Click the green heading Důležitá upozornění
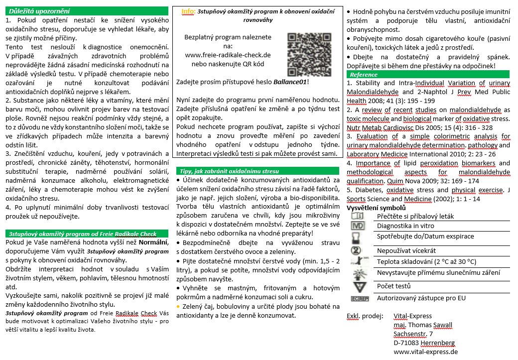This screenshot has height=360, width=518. [38, 11]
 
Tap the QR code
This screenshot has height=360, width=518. [302, 52]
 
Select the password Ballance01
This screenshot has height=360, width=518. [290, 82]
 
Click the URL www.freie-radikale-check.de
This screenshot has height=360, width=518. [228, 55]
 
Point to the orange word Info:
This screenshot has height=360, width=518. [188, 11]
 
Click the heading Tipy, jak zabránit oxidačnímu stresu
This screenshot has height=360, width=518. [229, 171]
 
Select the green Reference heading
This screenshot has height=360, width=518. [364, 74]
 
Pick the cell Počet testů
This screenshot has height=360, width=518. [393, 286]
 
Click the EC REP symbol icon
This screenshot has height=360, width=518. [360, 298]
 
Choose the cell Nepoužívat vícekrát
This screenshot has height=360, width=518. [406, 250]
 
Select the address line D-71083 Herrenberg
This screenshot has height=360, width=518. [425, 343]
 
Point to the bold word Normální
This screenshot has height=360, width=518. [154, 242]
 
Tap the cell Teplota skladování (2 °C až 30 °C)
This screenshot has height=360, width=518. [426, 261]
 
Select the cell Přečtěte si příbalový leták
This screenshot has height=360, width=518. [415, 217]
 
